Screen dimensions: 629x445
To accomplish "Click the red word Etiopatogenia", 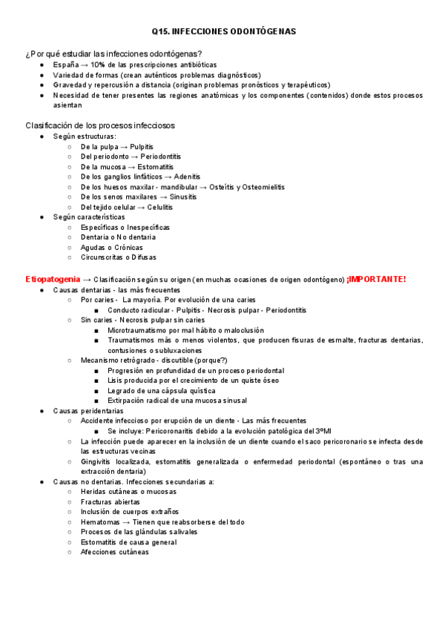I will point(53,279).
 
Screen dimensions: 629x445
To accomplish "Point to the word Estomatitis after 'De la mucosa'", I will point(156,167).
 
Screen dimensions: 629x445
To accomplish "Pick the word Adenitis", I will point(188,177).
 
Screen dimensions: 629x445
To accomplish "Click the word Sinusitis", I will point(182,197).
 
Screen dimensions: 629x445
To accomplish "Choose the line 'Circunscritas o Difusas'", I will point(119,257).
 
